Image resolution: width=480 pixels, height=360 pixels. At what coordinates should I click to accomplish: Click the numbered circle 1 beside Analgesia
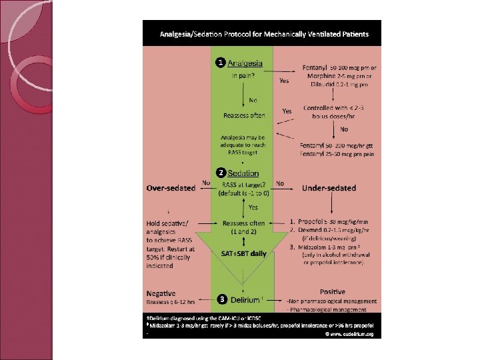[x=219, y=63]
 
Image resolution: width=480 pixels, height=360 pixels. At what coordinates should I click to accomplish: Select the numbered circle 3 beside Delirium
[x=219, y=298]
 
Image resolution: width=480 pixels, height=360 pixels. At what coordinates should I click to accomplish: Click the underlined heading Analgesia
[x=245, y=63]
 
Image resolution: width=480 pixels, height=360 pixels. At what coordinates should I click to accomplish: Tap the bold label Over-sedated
[x=171, y=188]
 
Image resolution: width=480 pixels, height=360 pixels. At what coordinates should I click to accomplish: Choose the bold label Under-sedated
[x=329, y=188]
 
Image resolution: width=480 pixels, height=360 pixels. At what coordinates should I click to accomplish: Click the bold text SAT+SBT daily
[x=243, y=254]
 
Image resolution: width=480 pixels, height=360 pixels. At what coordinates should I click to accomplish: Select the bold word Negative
[x=161, y=293]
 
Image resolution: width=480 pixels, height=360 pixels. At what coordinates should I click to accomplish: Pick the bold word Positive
[x=332, y=292]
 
